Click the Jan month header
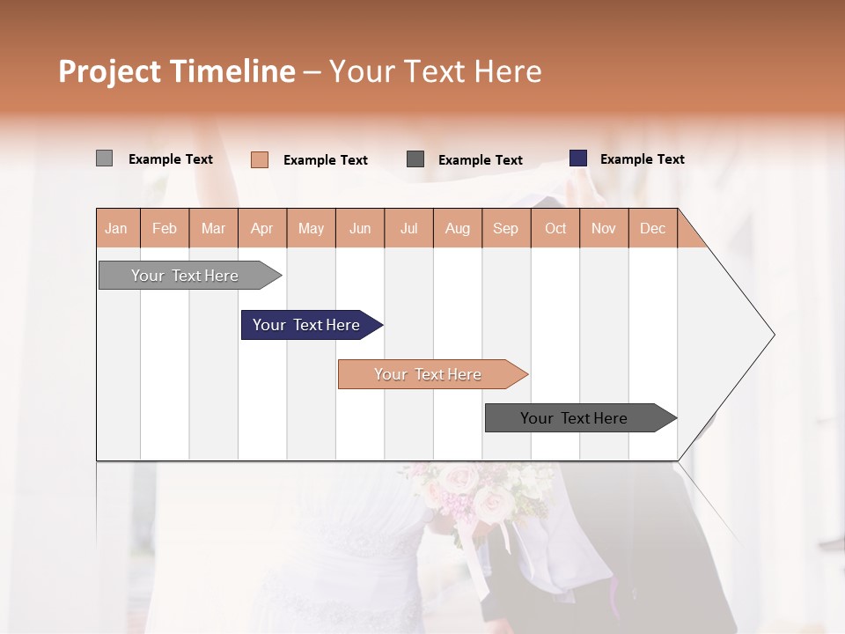tap(117, 228)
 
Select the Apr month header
tap(262, 228)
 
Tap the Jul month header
tap(408, 228)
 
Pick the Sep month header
tap(505, 228)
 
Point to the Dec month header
tap(652, 228)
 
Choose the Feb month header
tap(165, 228)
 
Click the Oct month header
tap(555, 228)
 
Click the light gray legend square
tap(104, 158)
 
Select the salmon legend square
tap(260, 159)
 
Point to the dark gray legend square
tap(415, 159)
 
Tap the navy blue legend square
tap(578, 158)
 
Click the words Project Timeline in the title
tap(177, 71)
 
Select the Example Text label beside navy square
tap(642, 159)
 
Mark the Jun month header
tap(360, 228)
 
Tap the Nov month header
tap(604, 228)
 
